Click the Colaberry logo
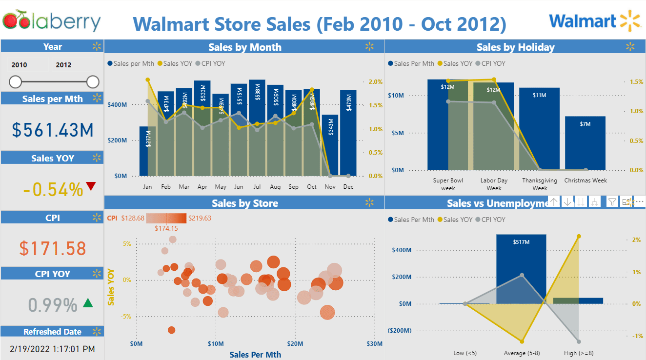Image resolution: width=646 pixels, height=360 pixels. click(x=52, y=21)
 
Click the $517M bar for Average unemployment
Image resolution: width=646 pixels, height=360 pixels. click(x=521, y=269)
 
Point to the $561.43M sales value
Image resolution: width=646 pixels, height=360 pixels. click(x=53, y=130)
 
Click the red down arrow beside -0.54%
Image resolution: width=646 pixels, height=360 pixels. click(x=91, y=186)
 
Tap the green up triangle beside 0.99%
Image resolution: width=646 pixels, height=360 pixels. click(x=88, y=303)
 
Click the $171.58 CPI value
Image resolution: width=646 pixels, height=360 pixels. click(x=53, y=248)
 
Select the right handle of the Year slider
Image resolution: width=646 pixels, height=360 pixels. click(x=93, y=81)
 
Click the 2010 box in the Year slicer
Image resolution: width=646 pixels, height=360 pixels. click(x=20, y=65)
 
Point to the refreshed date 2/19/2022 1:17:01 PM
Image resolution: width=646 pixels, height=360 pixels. click(x=53, y=349)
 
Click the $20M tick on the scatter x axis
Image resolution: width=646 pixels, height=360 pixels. click(x=295, y=344)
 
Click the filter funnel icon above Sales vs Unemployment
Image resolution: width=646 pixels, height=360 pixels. click(x=611, y=201)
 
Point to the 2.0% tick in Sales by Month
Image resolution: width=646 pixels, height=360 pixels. click(x=375, y=81)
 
